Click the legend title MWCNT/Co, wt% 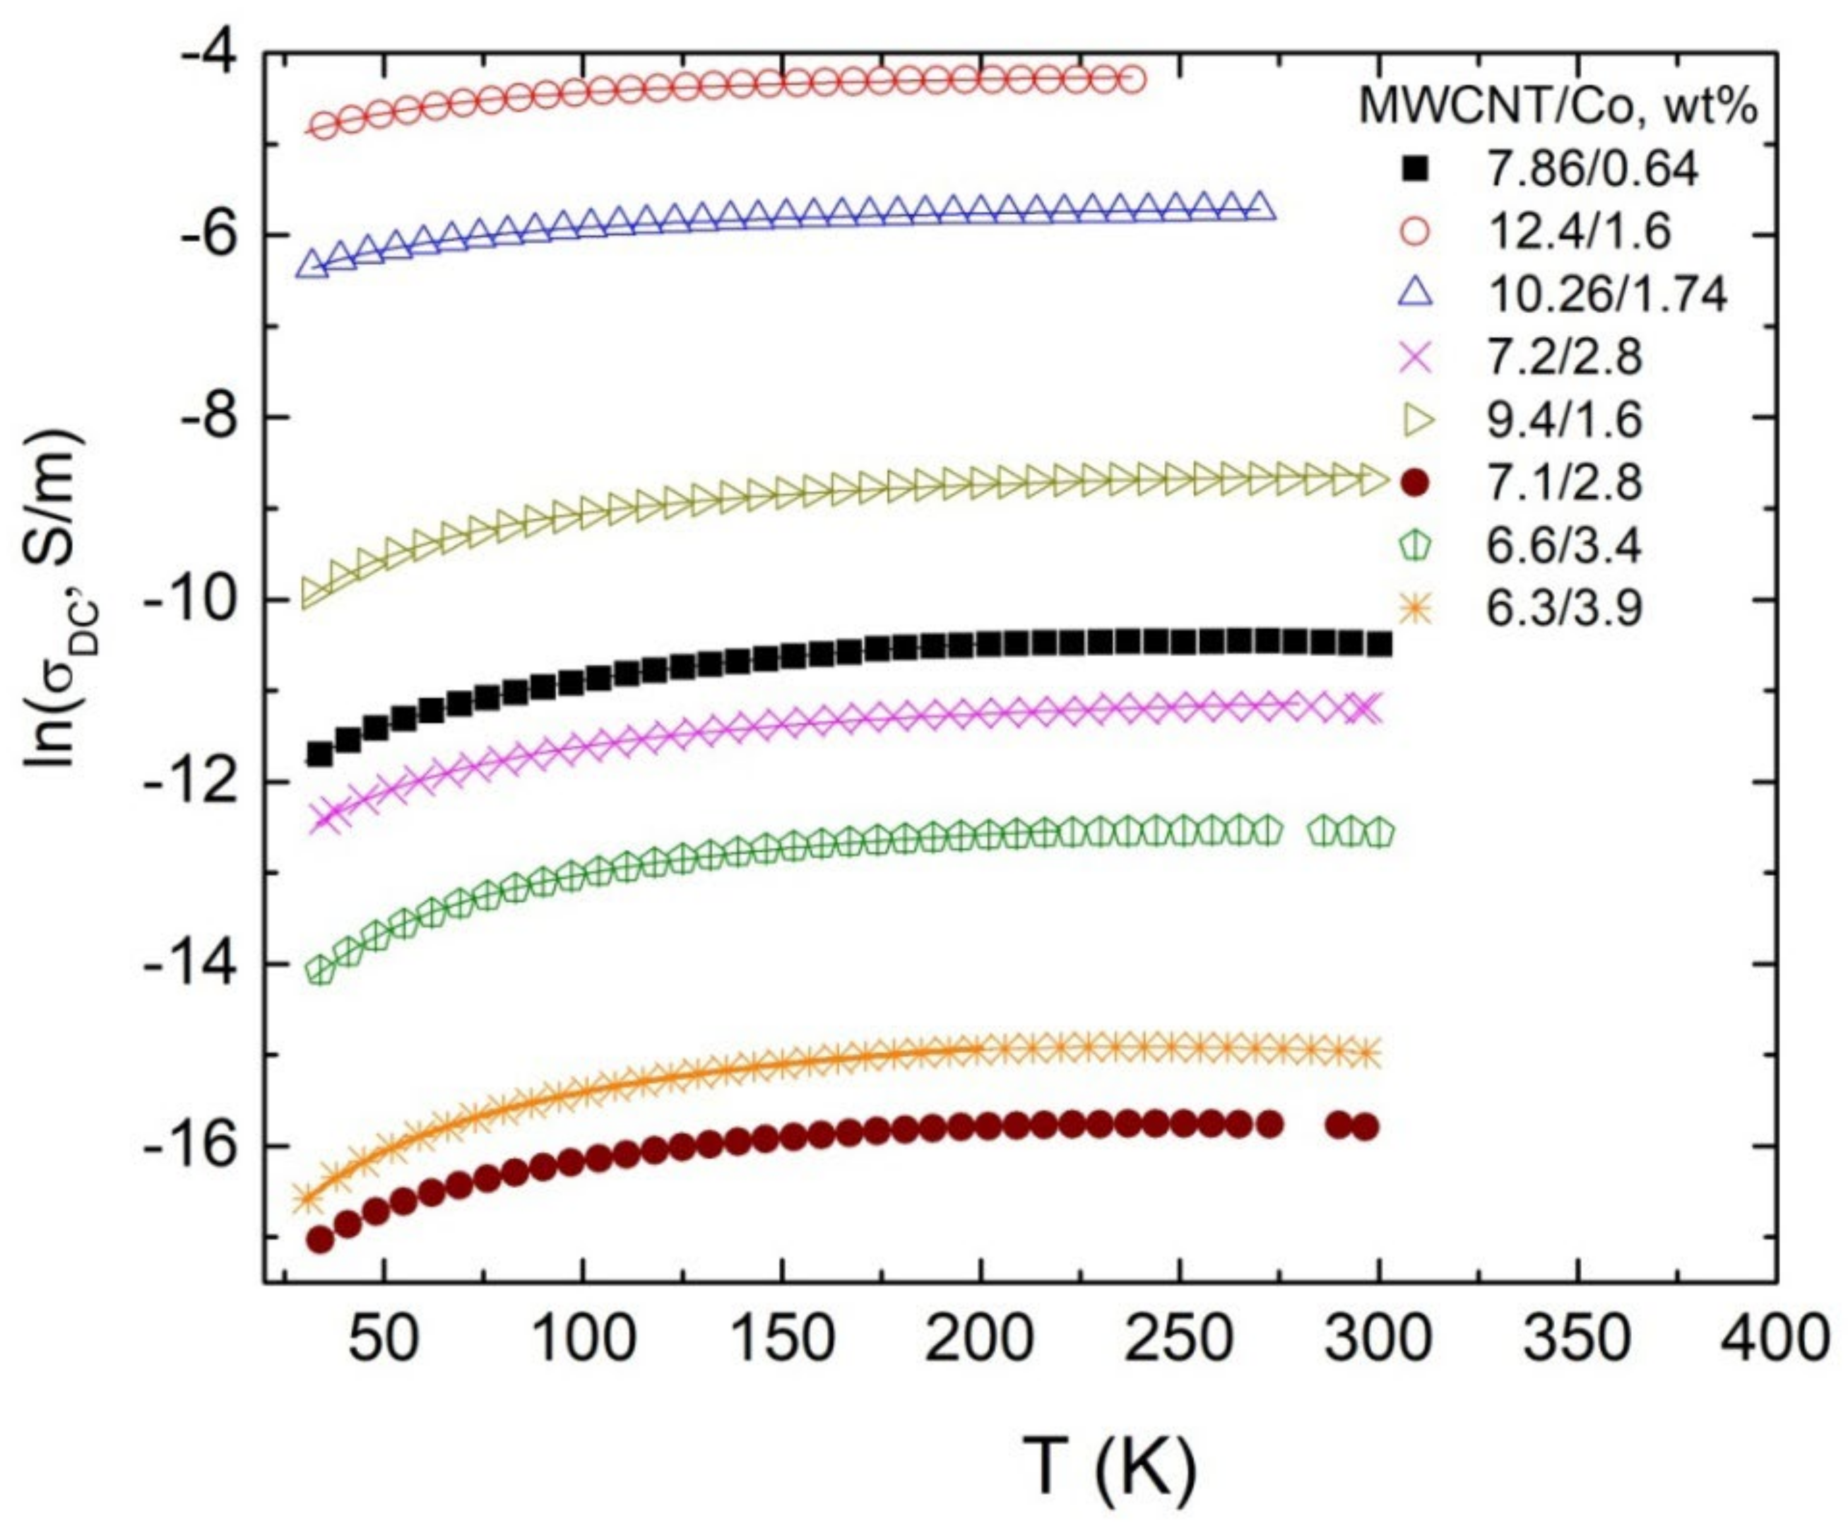click(1558, 107)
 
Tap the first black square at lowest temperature click(319, 753)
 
